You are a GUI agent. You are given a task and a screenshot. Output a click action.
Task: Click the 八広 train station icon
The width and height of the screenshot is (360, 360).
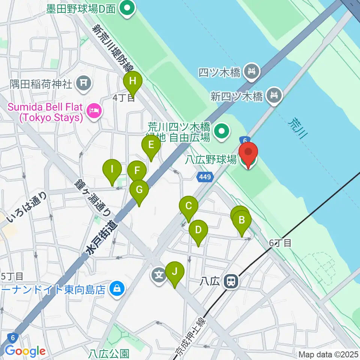229,281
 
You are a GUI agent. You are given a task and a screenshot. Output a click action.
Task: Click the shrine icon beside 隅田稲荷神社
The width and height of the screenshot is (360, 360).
83,83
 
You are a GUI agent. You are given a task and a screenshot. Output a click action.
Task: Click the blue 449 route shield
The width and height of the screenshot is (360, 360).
205,176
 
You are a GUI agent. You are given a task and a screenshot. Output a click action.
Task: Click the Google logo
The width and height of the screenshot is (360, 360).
25,351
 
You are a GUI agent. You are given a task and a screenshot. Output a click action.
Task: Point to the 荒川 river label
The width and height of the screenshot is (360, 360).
296,127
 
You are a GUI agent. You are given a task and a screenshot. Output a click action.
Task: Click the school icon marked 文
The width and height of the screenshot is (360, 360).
159,275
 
